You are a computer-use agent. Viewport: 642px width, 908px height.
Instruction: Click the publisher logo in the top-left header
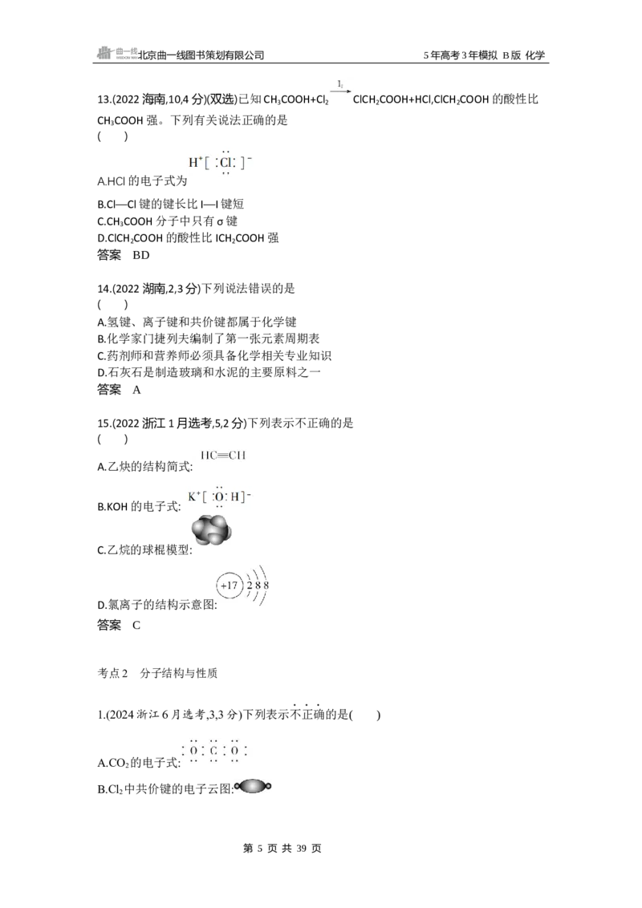(117, 53)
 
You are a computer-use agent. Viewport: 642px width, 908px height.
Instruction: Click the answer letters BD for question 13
(140, 255)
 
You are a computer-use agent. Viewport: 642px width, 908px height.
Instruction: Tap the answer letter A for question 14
(136, 390)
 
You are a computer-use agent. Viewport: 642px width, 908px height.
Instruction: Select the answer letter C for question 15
(136, 626)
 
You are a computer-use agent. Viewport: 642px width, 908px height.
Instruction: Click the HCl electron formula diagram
(220, 162)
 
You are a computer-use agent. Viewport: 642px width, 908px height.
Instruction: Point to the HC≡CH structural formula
(222, 455)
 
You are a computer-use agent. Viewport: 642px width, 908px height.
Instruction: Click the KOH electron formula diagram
(220, 497)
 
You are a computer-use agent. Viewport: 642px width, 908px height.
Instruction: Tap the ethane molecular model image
(212, 530)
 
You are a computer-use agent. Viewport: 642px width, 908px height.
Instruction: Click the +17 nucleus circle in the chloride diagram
(229, 586)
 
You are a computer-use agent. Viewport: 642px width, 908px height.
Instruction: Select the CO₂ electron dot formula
(213, 751)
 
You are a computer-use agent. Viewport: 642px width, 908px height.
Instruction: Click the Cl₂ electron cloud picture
(253, 786)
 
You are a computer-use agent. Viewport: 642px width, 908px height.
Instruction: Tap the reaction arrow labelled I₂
(340, 91)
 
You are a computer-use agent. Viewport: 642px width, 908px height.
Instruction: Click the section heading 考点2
(112, 673)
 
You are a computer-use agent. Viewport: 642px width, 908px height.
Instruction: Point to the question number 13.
(104, 99)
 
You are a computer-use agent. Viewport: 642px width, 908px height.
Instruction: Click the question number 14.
(104, 289)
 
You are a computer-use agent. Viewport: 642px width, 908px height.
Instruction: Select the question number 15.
(104, 424)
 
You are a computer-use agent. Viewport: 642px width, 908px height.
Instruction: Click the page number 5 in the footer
(259, 849)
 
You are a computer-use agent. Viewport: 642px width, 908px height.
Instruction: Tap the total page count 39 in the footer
(301, 849)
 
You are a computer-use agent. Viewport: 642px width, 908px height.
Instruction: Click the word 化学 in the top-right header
(535, 55)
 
